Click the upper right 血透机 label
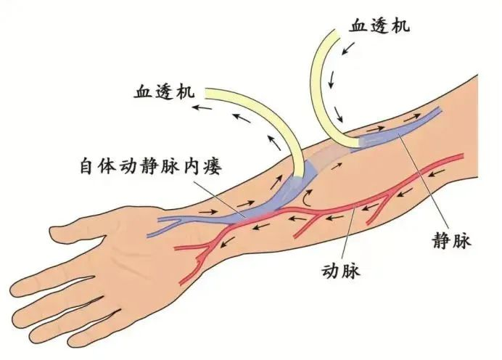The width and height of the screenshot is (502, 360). click(x=379, y=26)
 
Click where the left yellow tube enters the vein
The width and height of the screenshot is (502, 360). click(x=300, y=174)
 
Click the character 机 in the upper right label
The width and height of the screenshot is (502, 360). click(x=400, y=26)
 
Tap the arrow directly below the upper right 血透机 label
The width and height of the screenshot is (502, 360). click(x=349, y=49)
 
